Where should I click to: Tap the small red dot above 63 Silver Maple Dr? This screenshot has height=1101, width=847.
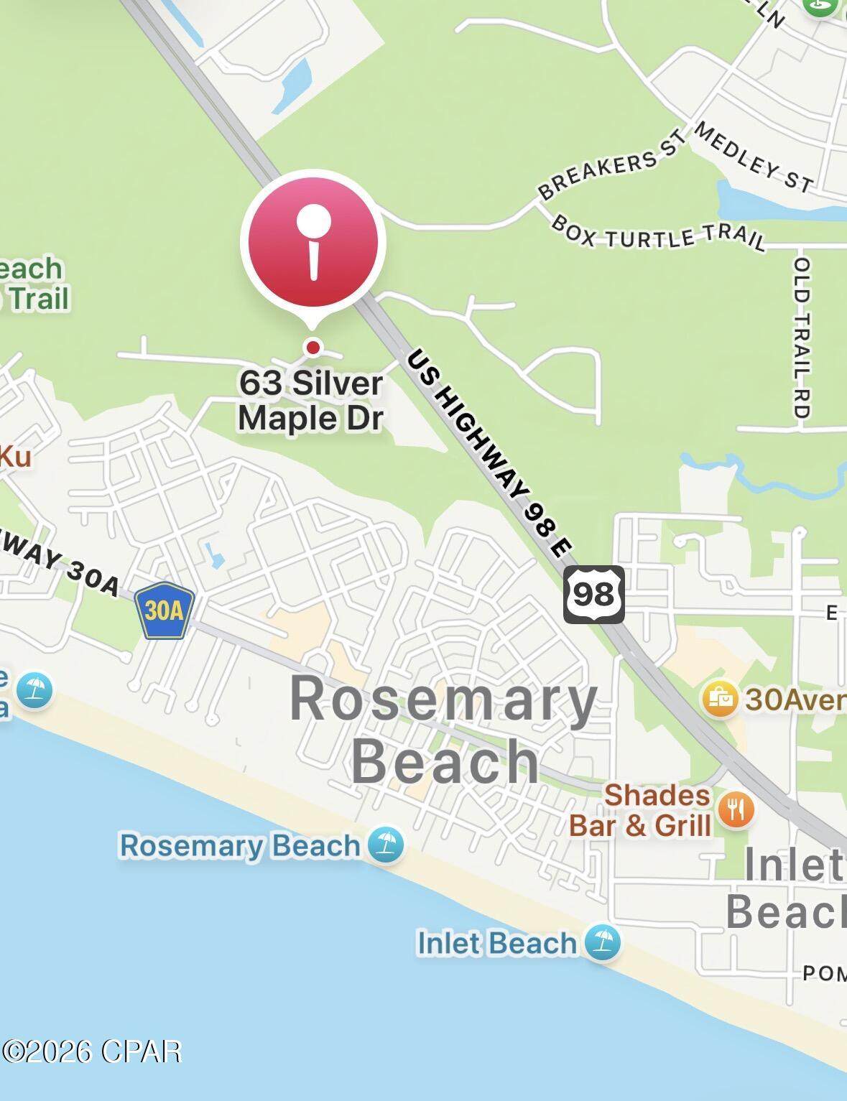pos(313,348)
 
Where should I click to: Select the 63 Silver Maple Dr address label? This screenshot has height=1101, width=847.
pos(311,401)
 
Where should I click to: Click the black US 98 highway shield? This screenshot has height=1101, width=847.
pos(593,595)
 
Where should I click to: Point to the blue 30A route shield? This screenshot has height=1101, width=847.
pos(165,611)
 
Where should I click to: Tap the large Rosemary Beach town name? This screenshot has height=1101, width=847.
pos(444,730)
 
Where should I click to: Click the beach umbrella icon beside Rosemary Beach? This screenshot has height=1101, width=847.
pos(386,845)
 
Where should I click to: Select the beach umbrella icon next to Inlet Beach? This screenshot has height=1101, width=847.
pos(602,942)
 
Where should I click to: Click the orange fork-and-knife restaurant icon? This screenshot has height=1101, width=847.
pos(735,810)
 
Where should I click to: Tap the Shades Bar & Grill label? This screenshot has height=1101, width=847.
pos(640,810)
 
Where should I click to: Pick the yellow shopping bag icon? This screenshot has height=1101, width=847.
pos(720,697)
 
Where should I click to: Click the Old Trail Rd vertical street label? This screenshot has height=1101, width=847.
pos(802,338)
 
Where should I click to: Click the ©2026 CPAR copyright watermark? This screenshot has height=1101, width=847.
pos(91,1051)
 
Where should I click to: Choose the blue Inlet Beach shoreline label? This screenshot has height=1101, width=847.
pos(497,943)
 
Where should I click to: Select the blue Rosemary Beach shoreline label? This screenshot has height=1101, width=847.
pos(239,845)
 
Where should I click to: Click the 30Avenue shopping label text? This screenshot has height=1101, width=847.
pos(795,698)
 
